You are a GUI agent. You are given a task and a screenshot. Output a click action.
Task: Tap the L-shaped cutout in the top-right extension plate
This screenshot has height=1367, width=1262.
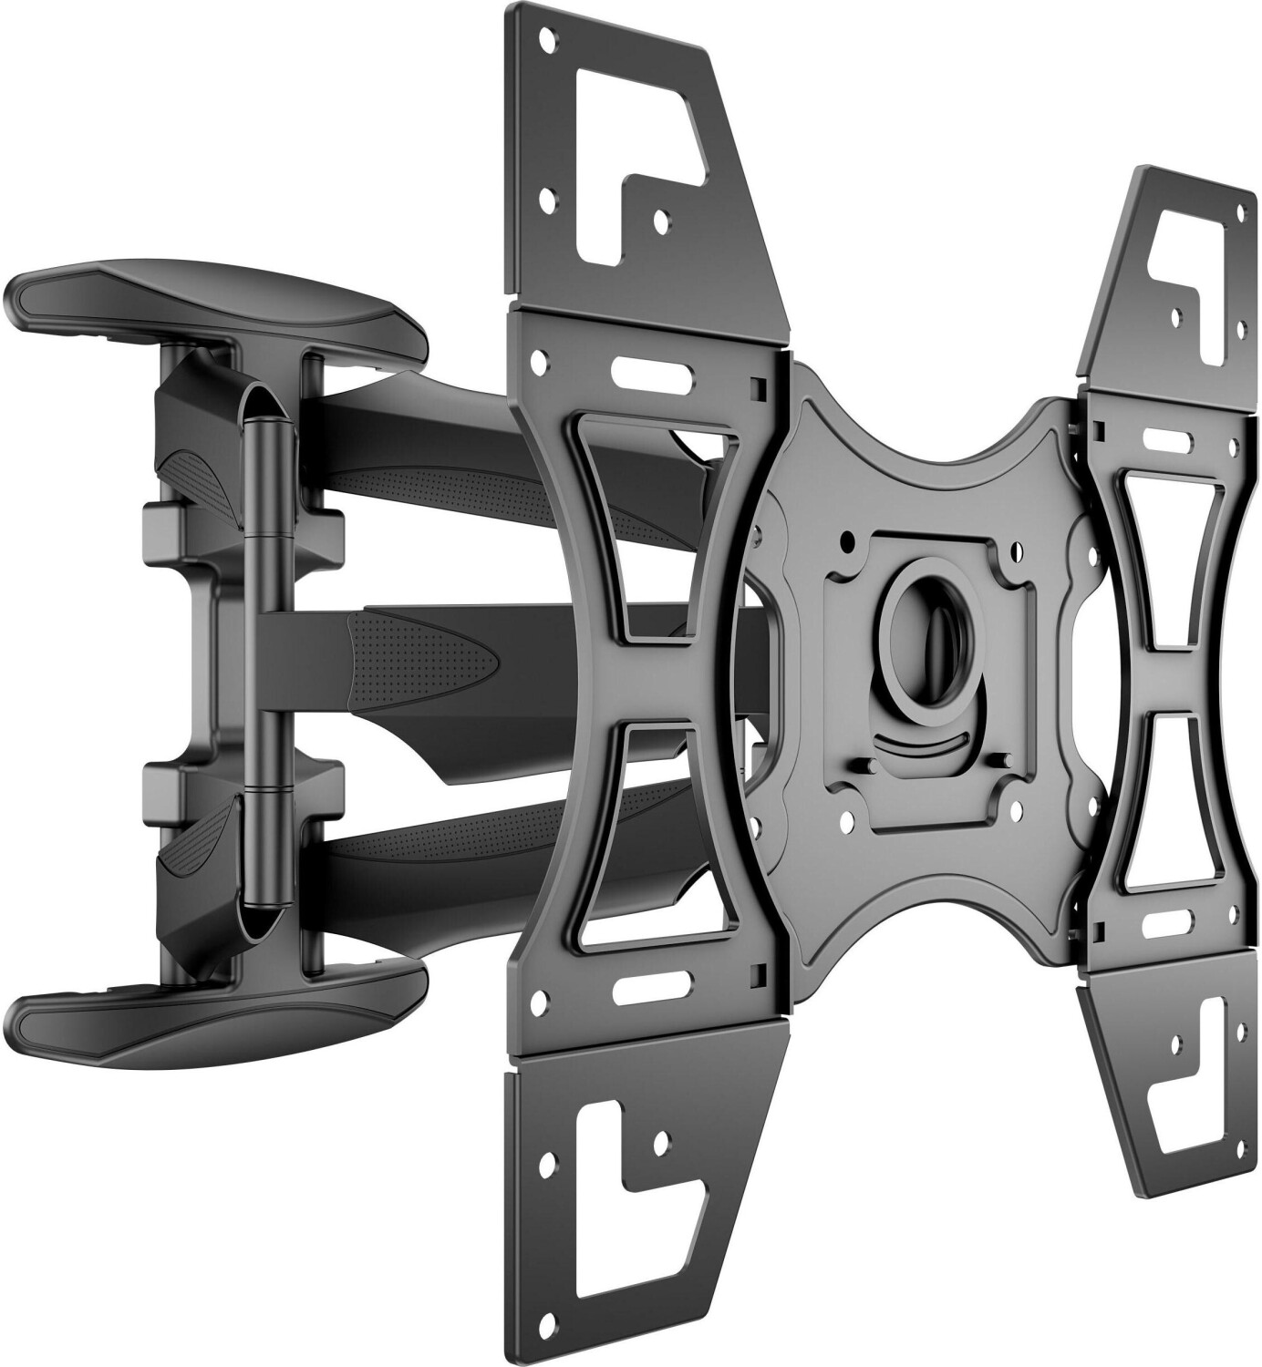[x=1185, y=264]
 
